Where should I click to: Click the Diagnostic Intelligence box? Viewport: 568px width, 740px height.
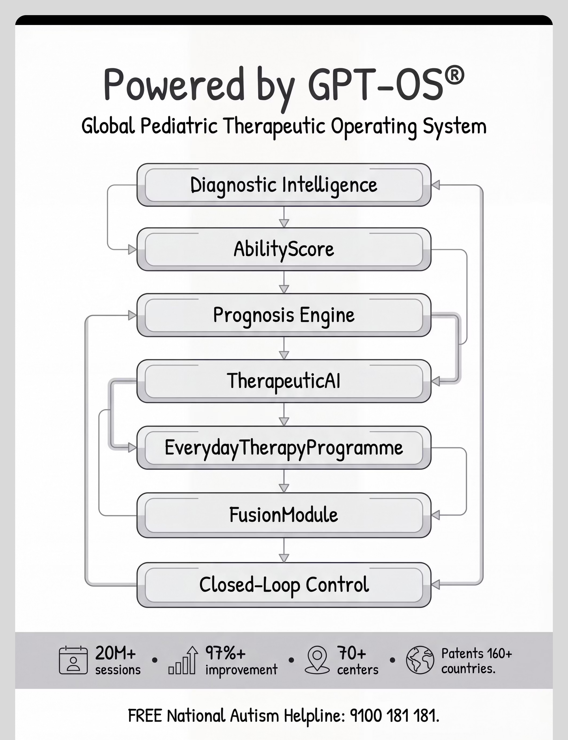tap(284, 185)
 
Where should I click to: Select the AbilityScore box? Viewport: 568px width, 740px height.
tap(284, 249)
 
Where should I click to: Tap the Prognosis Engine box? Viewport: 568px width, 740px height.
tap(284, 315)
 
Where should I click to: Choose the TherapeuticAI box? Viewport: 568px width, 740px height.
tap(284, 381)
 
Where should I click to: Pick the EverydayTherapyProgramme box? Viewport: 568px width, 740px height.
tap(284, 447)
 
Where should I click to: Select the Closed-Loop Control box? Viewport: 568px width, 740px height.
tap(284, 585)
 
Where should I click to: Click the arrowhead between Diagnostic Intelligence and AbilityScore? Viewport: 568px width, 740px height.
tap(284, 223)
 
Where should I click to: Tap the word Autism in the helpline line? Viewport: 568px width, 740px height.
tap(254, 715)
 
